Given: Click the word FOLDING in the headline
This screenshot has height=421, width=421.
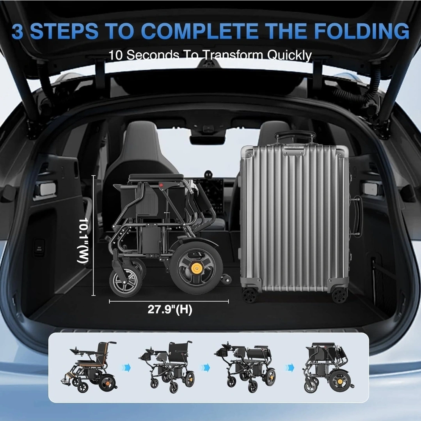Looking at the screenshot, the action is (361, 31).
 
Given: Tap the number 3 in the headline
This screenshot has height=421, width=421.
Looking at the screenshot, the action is (18, 31).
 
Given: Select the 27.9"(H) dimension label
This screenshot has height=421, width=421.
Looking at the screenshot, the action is (170, 309).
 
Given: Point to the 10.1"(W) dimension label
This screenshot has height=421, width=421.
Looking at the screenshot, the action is (83, 240).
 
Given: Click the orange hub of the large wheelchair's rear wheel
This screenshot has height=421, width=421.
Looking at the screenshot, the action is (196, 268).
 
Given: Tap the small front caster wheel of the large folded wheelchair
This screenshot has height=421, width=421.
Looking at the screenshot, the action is (126, 282).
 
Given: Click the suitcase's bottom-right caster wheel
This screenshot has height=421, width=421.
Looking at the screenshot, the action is (340, 295).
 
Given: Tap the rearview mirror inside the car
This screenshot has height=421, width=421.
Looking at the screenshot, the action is (207, 139).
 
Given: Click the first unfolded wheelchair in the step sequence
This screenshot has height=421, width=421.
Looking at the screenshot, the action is (90, 366).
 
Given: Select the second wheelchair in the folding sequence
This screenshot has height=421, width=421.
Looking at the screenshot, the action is (167, 367).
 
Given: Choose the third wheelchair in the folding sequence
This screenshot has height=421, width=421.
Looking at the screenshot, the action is (245, 367).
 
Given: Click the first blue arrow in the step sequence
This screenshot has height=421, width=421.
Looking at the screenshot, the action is (126, 368).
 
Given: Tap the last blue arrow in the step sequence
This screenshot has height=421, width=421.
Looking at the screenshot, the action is (290, 367).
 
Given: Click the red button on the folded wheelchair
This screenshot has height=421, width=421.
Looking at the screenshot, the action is (161, 185).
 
